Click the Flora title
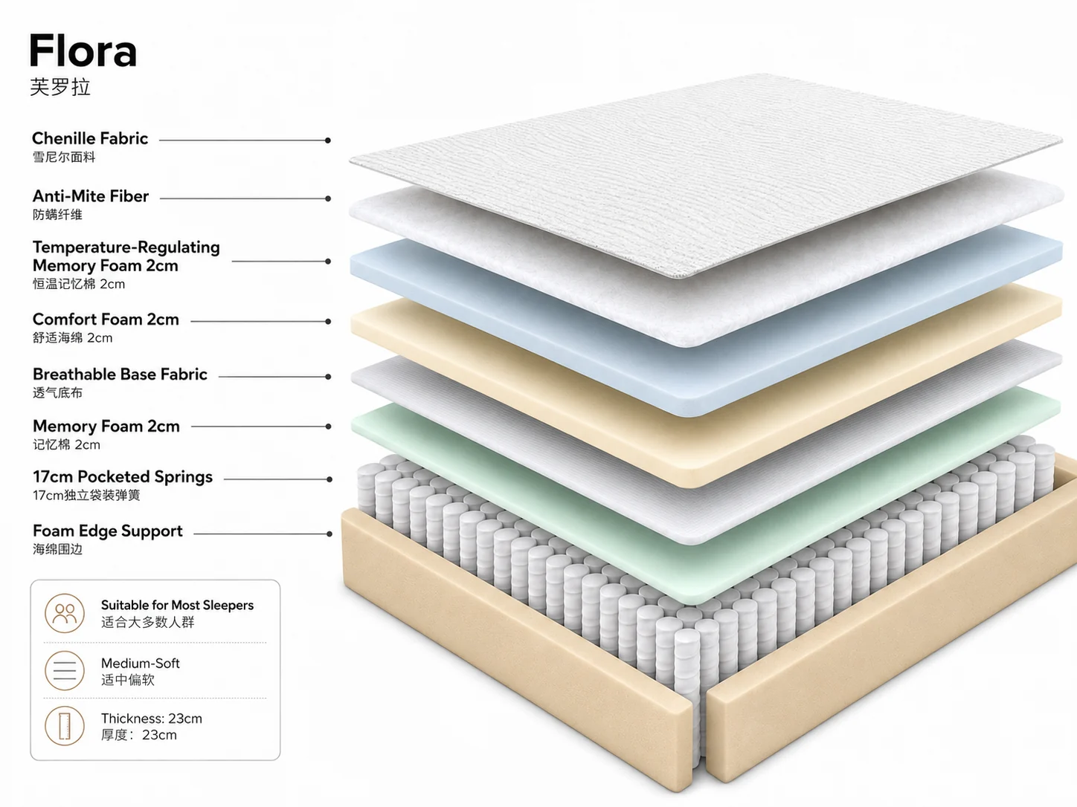click(83, 51)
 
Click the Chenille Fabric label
click(90, 138)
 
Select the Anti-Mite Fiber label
click(90, 196)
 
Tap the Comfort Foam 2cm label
click(106, 320)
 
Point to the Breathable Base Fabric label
click(120, 375)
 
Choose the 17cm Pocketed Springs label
click(123, 477)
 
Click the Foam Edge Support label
click(107, 531)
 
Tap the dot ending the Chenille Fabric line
click(328, 140)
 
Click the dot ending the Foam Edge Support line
click(329, 534)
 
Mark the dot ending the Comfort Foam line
click(328, 322)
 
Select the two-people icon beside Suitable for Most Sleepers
click(65, 613)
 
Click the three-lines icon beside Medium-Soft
click(65, 670)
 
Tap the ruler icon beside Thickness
click(65, 726)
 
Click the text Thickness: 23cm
click(152, 719)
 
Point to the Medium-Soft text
click(141, 664)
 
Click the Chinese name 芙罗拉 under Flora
click(60, 87)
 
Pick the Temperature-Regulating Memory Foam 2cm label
click(126, 256)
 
